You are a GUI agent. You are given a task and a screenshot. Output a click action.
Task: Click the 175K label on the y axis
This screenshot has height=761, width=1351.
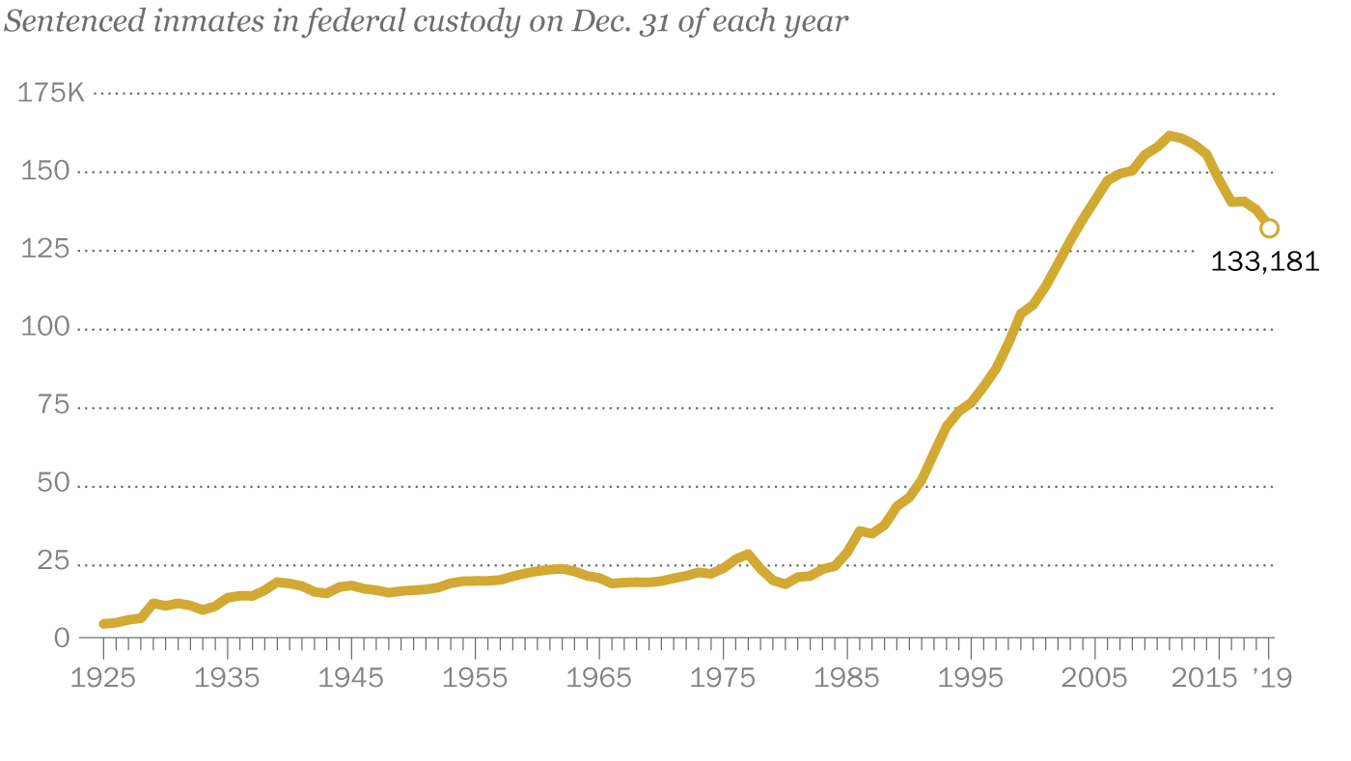coord(51,94)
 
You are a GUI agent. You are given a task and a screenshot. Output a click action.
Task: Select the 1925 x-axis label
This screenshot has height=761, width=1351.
coord(103,677)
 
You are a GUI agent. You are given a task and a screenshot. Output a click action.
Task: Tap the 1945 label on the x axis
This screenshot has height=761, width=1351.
coord(351,677)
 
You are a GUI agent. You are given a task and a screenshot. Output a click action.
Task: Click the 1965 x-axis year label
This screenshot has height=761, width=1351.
coord(599,677)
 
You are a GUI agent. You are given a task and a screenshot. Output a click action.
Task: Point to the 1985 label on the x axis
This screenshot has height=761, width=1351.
coord(846,677)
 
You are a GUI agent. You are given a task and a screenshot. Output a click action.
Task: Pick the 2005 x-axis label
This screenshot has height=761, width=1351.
coord(1094,677)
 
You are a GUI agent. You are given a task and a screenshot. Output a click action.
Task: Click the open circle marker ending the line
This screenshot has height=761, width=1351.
coord(1269,229)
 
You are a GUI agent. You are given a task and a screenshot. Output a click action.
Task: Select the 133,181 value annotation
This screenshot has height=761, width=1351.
coord(1264,261)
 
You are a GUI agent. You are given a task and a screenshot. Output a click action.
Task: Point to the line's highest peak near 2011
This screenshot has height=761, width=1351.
coord(1170,136)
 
